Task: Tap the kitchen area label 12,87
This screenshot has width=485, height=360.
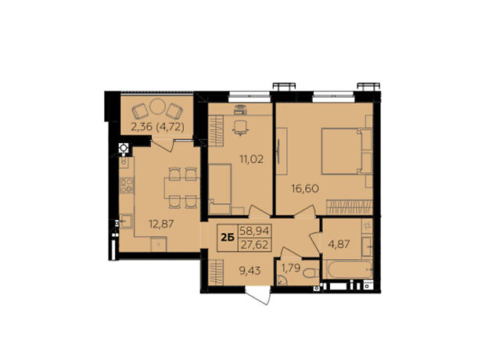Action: click(161, 223)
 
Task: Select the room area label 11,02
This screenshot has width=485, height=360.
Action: click(251, 159)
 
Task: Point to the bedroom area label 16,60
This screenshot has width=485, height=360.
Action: click(305, 188)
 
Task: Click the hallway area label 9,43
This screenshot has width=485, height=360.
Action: click(250, 271)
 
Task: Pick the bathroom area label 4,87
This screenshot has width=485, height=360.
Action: click(339, 244)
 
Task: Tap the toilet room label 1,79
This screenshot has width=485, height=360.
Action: click(291, 268)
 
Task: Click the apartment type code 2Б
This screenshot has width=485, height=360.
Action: click(228, 238)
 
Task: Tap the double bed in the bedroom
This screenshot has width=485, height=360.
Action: click(347, 151)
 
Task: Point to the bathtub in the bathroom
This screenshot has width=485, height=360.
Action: click(347, 269)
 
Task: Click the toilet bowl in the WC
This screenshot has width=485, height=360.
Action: click(311, 273)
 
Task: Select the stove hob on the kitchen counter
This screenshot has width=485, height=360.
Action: click(127, 185)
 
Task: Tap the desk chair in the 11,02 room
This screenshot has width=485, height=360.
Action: click(240, 128)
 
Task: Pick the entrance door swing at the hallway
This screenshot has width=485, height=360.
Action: click(259, 295)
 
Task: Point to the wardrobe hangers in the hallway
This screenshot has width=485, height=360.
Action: click(216, 272)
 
